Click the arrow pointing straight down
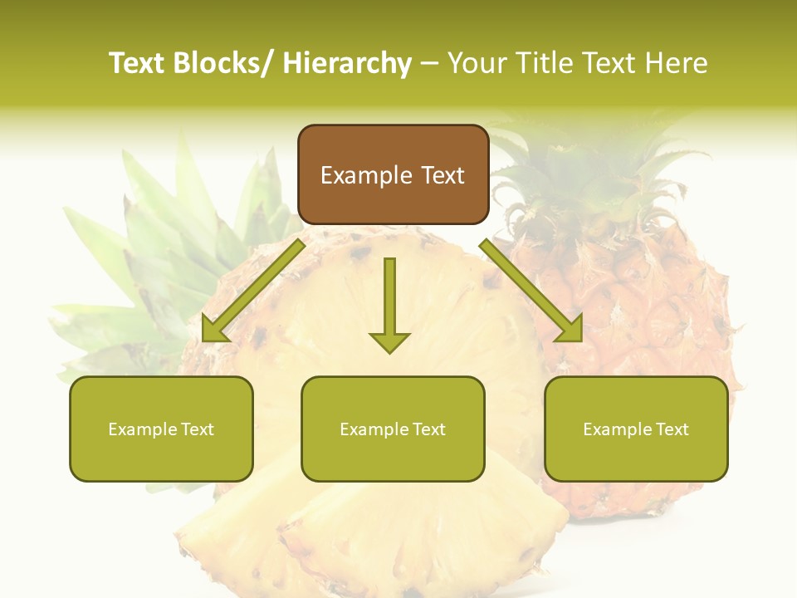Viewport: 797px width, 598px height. click(x=389, y=299)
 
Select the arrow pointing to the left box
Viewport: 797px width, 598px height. click(x=253, y=291)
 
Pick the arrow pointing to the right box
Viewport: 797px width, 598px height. click(x=531, y=291)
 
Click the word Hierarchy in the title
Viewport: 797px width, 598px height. click(x=347, y=63)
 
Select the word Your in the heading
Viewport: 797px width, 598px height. click(x=477, y=63)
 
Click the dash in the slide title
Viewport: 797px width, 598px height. click(x=429, y=64)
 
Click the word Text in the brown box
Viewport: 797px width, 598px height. click(x=442, y=175)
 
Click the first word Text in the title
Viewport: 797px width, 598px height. click(x=137, y=63)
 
